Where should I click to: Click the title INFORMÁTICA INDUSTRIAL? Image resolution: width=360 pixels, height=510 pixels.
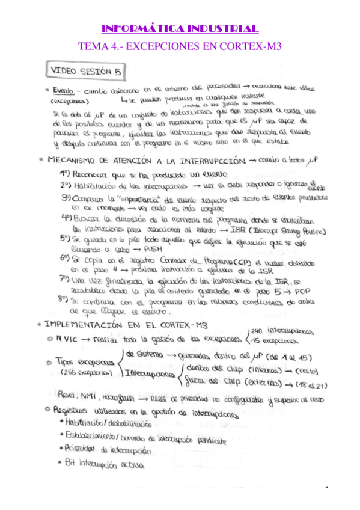tap(180, 28)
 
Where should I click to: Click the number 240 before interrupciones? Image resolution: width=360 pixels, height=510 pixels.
tap(257, 331)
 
